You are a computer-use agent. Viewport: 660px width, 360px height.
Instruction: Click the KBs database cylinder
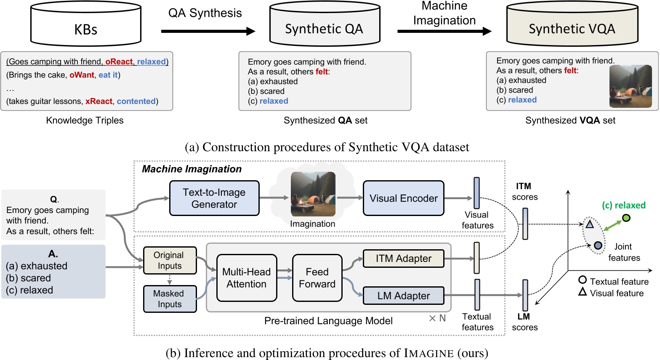pyautogui.click(x=85, y=25)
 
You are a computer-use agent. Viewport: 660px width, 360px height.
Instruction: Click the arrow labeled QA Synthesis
pyautogui.click(x=208, y=31)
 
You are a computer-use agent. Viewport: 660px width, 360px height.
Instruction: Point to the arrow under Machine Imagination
pyautogui.click(x=444, y=31)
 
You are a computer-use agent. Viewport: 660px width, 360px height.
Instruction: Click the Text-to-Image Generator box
pyautogui.click(x=214, y=198)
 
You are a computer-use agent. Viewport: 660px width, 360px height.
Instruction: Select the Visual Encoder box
pyautogui.click(x=403, y=198)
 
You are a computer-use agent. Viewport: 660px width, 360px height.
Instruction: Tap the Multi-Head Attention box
pyautogui.click(x=246, y=278)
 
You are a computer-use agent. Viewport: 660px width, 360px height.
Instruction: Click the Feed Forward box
pyautogui.click(x=317, y=278)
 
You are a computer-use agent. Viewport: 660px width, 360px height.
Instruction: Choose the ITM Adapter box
pyautogui.click(x=403, y=259)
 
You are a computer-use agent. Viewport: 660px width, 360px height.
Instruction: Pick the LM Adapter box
pyautogui.click(x=403, y=296)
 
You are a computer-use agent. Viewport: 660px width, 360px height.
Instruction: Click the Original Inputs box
pyautogui.click(x=170, y=260)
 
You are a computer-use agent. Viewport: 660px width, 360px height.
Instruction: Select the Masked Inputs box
pyautogui.click(x=170, y=299)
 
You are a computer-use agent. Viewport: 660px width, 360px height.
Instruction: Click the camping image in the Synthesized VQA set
pyautogui.click(x=630, y=86)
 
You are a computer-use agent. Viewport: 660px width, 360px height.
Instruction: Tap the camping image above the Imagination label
pyautogui.click(x=313, y=194)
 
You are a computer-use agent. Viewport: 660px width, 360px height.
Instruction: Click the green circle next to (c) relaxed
pyautogui.click(x=626, y=218)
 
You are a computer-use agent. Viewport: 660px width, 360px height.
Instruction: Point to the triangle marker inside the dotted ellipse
pyautogui.click(x=590, y=224)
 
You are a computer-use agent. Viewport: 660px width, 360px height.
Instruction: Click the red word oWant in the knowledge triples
pyautogui.click(x=82, y=75)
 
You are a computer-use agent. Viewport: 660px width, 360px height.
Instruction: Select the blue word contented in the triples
pyautogui.click(x=136, y=101)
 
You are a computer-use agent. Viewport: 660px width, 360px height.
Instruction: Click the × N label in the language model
pyautogui.click(x=437, y=318)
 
